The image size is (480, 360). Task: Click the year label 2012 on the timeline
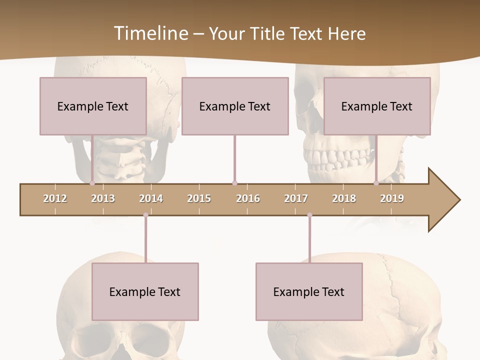point(55,198)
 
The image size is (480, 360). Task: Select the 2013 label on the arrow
point(103,198)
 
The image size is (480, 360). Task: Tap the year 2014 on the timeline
point(151,198)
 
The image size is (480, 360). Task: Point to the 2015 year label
point(199,198)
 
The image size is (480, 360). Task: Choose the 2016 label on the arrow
point(248,198)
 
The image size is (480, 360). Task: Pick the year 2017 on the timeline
point(296,198)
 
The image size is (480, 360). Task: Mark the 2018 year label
point(344,198)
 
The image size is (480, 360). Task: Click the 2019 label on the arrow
point(392,198)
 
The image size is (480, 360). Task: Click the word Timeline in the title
point(150,33)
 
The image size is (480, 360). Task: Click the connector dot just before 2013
point(92,183)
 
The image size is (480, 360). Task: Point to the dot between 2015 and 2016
point(234,183)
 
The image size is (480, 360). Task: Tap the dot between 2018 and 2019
point(376,183)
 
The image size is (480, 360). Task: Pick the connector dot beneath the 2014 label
point(145,215)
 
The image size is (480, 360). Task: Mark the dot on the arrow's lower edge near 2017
point(309,215)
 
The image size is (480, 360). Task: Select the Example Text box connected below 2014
point(145,291)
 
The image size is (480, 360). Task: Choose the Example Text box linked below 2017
point(309,291)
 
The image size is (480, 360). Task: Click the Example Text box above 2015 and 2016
point(234,106)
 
